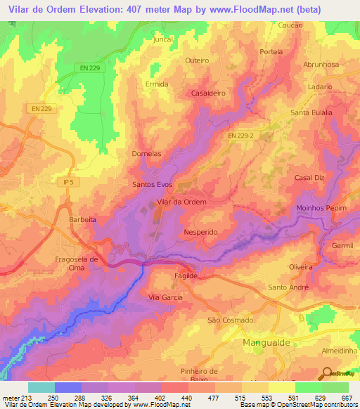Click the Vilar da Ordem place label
click(x=182, y=202)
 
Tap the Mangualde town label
click(x=262, y=343)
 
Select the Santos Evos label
click(x=153, y=184)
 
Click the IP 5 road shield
click(x=68, y=182)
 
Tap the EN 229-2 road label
click(x=241, y=136)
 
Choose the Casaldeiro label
click(x=207, y=93)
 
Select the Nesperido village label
click(x=200, y=231)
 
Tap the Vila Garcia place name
click(x=165, y=297)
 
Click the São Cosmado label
click(x=230, y=320)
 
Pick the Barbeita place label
click(x=82, y=219)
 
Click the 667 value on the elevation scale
click(x=345, y=397)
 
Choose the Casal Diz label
click(x=309, y=178)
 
